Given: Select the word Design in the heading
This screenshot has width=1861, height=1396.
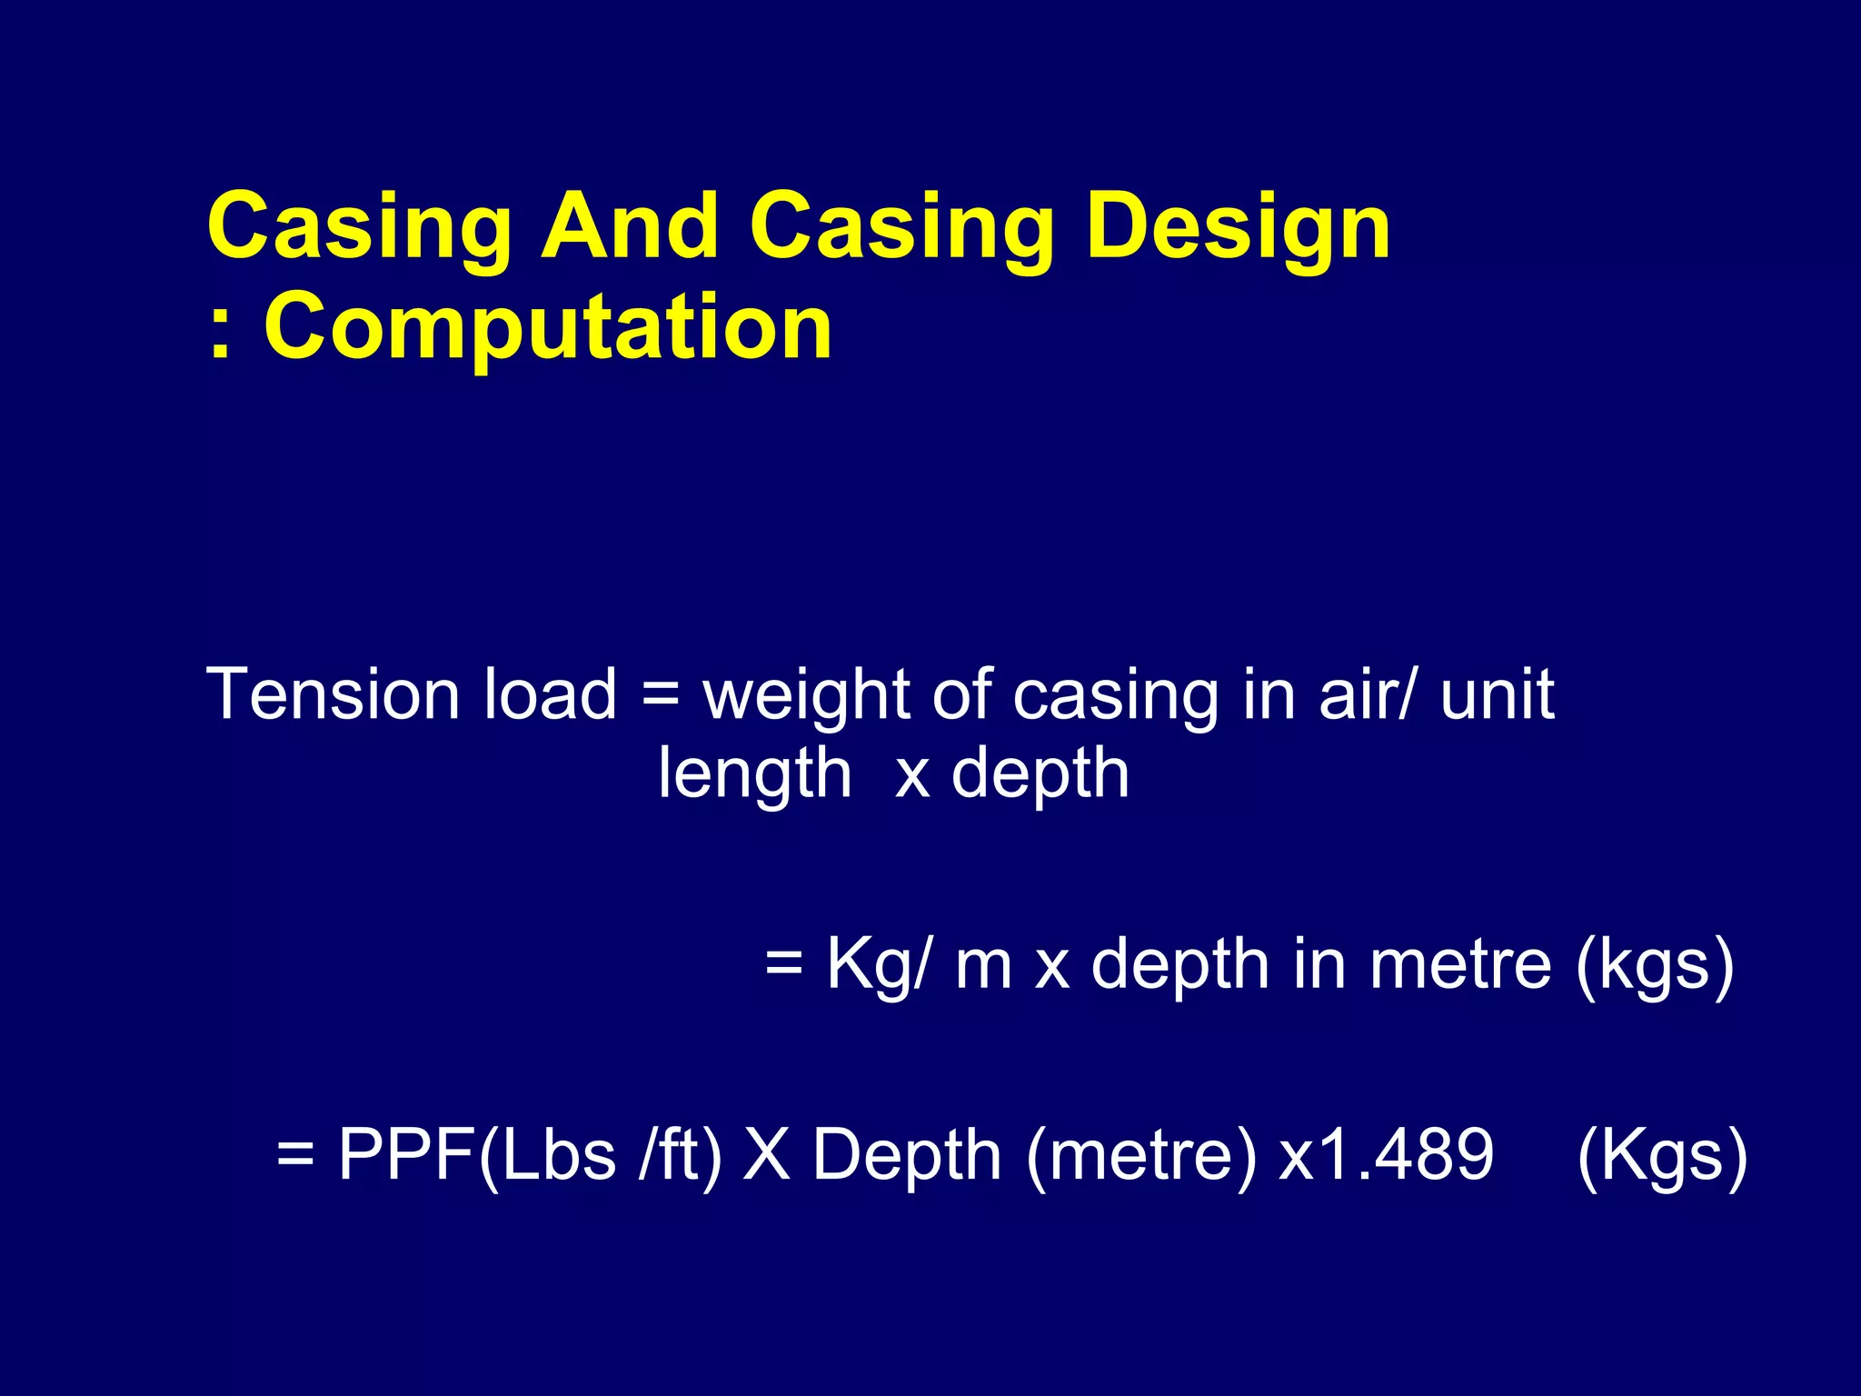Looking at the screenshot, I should [x=1238, y=229].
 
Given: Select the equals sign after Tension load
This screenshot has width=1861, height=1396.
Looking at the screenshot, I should [x=660, y=696].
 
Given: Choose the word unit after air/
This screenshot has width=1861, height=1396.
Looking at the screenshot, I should [x=1497, y=694].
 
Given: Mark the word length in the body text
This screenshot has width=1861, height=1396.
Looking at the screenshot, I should [x=754, y=775].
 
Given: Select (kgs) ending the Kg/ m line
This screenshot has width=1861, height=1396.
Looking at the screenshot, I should [x=1655, y=966].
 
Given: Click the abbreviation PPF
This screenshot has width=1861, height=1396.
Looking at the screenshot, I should [x=406, y=1155].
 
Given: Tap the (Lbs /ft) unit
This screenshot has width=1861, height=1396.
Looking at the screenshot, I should [x=600, y=1155].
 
